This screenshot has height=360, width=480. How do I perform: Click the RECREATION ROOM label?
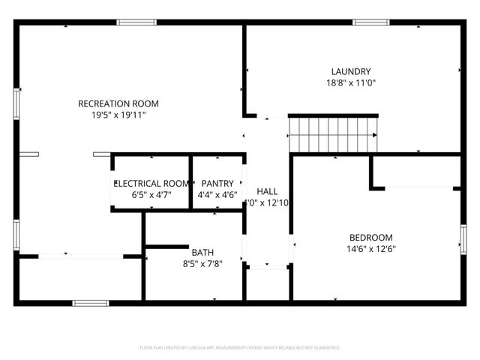(118, 103)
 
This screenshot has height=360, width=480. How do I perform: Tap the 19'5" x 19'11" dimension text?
(118, 115)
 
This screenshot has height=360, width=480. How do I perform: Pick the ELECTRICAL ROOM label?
(151, 183)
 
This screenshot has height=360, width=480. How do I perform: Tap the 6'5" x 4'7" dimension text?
(151, 195)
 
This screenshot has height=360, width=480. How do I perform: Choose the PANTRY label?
(217, 183)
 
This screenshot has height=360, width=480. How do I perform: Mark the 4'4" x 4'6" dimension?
(217, 195)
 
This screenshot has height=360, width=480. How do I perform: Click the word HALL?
(267, 191)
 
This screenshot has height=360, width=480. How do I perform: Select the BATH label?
(202, 252)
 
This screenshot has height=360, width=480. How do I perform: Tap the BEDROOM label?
(370, 237)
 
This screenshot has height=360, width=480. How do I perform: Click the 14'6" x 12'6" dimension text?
(370, 249)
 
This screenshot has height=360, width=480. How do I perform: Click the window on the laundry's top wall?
(371, 22)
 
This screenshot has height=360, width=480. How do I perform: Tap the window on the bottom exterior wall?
(90, 303)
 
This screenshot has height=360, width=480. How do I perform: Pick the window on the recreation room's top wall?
(136, 22)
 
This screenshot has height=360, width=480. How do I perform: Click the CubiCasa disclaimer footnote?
(240, 348)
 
